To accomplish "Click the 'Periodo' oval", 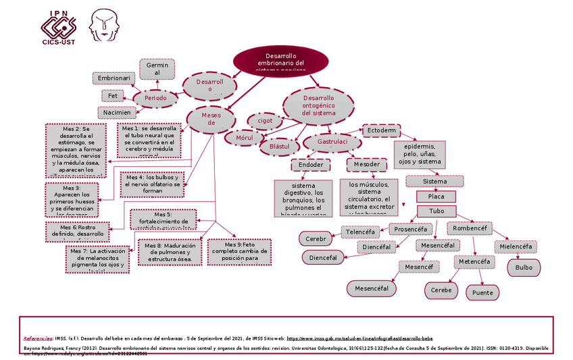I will click(x=155, y=99).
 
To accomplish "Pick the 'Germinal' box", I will click(x=157, y=69).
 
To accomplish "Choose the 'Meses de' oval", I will click(x=211, y=119).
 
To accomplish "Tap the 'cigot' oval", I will click(x=265, y=121).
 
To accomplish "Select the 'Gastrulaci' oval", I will click(x=332, y=143).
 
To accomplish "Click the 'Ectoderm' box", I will click(x=382, y=130).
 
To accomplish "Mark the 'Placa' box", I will click(x=436, y=197).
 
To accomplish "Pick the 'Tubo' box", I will click(x=436, y=211).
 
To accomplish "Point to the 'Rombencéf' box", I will click(x=470, y=229).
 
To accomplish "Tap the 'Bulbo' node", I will click(x=524, y=267).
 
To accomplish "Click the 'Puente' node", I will click(x=482, y=293).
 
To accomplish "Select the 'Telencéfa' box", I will click(x=360, y=232).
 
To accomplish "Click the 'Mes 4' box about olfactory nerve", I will click(x=153, y=183).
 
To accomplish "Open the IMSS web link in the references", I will click(x=359, y=338).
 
